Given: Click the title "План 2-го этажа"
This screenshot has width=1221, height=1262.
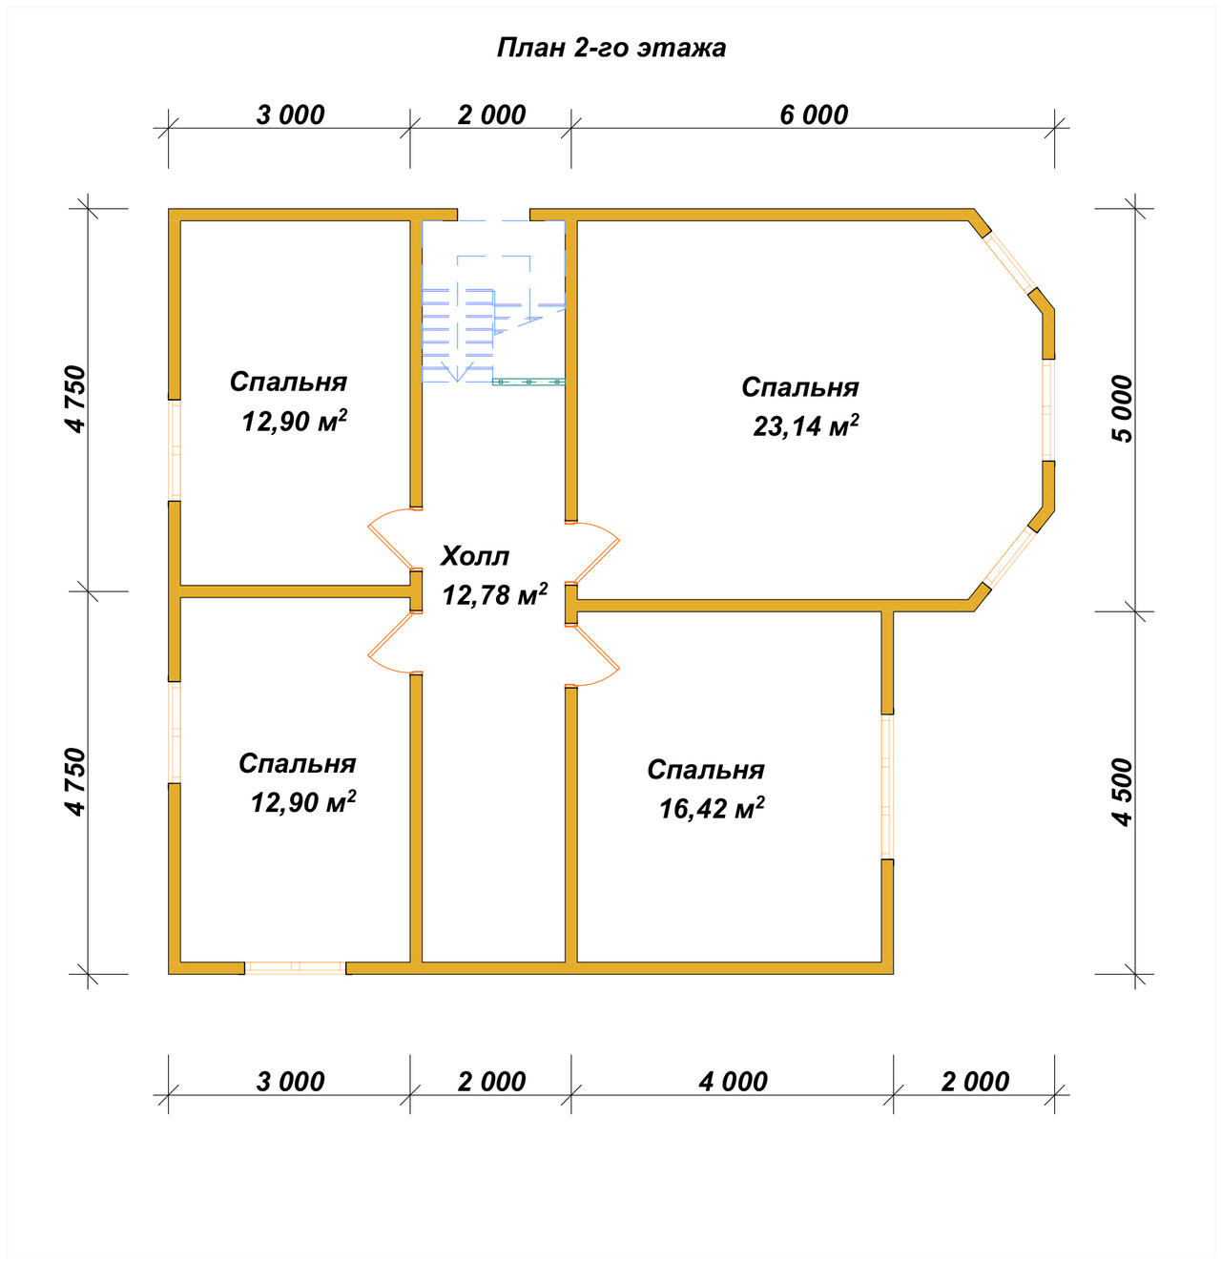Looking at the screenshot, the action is (x=610, y=48).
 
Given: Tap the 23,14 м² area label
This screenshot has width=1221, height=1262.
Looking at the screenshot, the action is (x=805, y=426).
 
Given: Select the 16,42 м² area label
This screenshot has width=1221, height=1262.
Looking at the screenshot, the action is (x=712, y=808).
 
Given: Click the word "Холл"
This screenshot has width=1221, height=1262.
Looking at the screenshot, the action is (x=475, y=556).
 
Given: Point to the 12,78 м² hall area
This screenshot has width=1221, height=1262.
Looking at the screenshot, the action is (x=495, y=594).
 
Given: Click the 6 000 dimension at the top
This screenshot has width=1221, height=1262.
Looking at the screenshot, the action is (x=813, y=114).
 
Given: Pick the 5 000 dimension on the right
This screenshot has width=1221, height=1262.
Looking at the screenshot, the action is (x=1123, y=408).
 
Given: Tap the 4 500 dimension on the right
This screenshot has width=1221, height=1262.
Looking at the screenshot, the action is (x=1123, y=792).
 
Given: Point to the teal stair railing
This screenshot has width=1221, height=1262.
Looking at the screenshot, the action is (x=528, y=382).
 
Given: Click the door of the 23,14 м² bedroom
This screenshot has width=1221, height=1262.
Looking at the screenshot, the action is (x=592, y=552).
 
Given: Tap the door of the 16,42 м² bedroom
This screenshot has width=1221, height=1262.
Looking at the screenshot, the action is (x=592, y=655).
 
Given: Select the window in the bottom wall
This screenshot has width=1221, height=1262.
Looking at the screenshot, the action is (x=295, y=968).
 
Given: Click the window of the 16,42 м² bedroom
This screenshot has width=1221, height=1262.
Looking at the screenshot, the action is (x=887, y=787).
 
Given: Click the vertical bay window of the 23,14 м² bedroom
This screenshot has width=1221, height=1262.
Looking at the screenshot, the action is (x=1048, y=410).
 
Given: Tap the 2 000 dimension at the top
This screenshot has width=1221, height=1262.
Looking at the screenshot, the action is (x=491, y=114).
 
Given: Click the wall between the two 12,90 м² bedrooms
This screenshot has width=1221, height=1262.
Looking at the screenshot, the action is (x=295, y=590).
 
